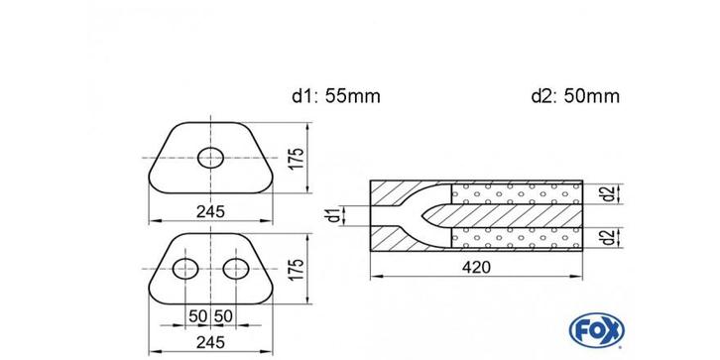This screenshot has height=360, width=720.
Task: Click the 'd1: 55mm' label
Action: pyautogui.click(x=336, y=96)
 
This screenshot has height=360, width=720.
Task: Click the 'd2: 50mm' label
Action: pyautogui.click(x=575, y=96)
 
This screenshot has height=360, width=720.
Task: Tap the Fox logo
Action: pyautogui.click(x=596, y=330)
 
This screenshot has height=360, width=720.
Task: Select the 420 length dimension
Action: pyautogui.click(x=477, y=267)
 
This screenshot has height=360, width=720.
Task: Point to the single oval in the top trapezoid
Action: pyautogui.click(x=210, y=158)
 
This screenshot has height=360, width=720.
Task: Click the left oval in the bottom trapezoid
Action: pyautogui.click(x=185, y=269)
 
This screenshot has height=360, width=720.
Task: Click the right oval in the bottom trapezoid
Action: pyautogui.click(x=236, y=269)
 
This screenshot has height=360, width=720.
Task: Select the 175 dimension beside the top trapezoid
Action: pyautogui.click(x=298, y=158)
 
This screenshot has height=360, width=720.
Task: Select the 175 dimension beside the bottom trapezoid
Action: pyautogui.click(x=298, y=269)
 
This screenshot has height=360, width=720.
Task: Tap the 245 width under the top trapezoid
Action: pyautogui.click(x=210, y=211)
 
